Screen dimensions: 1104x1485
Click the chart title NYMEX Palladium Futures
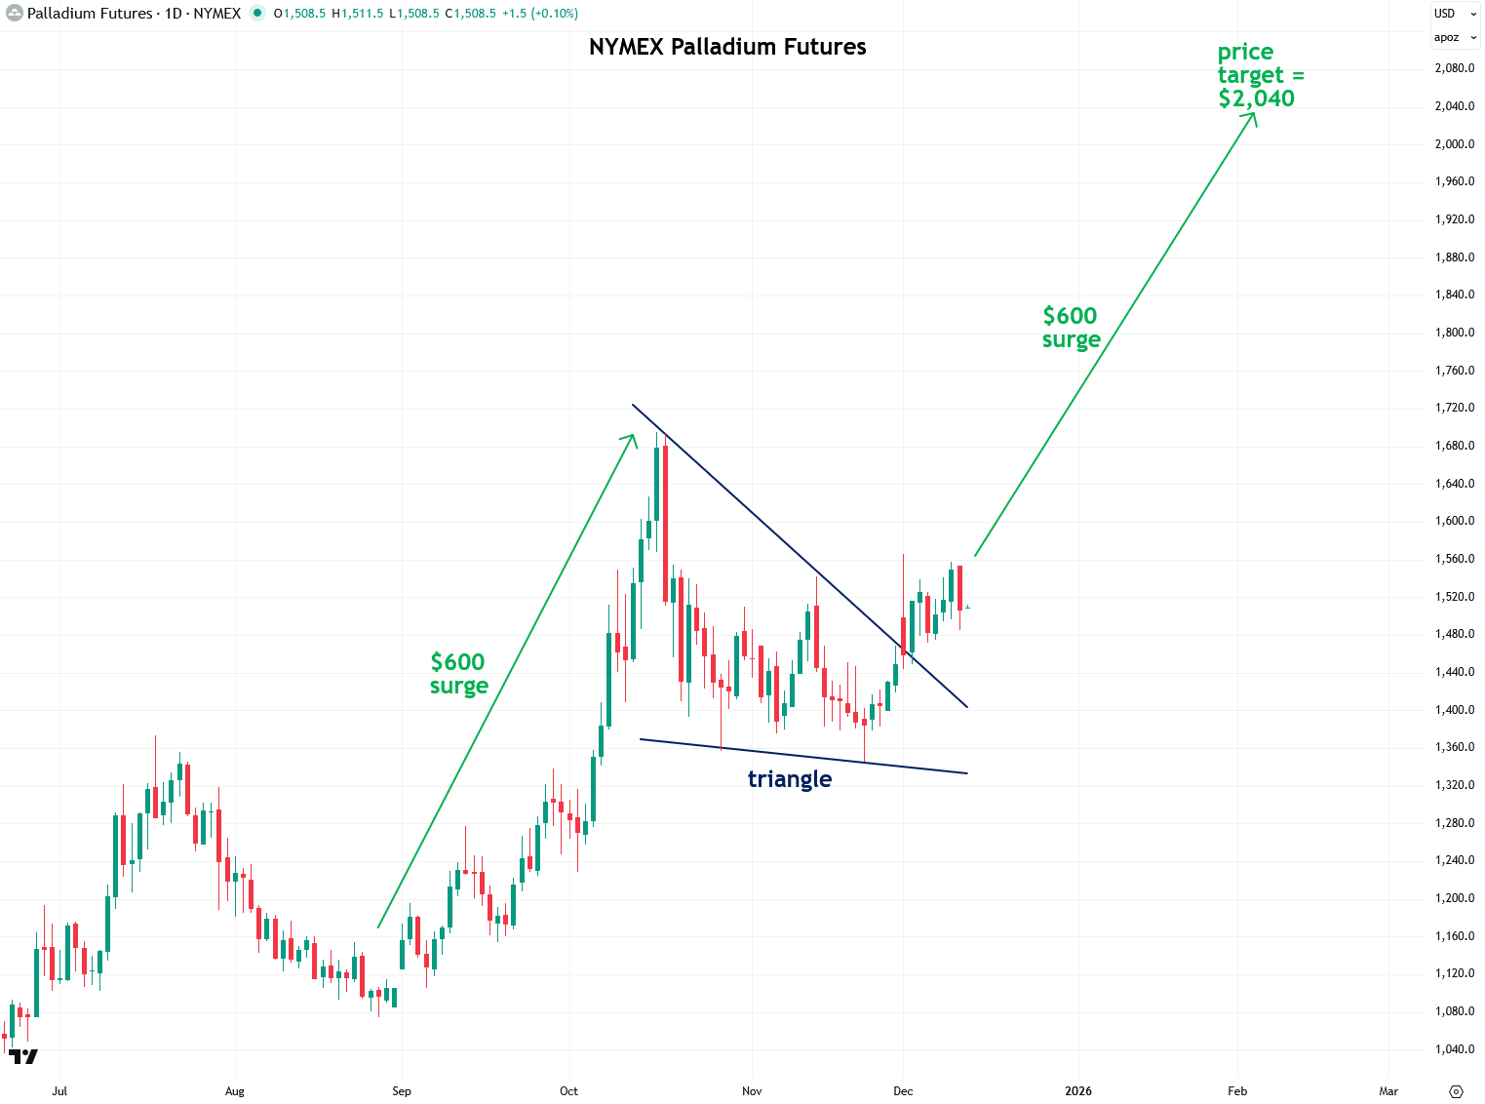(727, 47)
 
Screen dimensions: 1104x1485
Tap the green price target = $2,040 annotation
(1258, 76)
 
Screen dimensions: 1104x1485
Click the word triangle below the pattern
(790, 779)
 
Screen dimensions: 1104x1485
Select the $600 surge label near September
(458, 674)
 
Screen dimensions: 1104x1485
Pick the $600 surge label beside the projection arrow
(1071, 328)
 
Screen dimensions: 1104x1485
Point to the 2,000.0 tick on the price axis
(1454, 144)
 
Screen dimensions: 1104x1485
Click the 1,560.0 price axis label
(1454, 559)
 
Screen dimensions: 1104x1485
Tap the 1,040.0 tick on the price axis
(1454, 1049)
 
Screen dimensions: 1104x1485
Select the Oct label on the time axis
(568, 1091)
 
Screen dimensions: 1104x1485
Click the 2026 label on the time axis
(1078, 1091)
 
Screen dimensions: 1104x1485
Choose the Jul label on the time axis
(59, 1091)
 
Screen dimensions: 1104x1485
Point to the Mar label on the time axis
(1388, 1091)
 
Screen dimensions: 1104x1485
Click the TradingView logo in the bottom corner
(22, 1057)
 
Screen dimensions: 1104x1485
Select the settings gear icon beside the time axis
(1457, 1091)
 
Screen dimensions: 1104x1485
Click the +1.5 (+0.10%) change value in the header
(539, 14)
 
